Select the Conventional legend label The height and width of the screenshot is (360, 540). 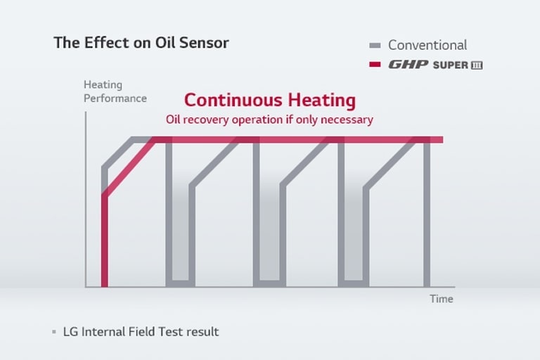pyautogui.click(x=427, y=45)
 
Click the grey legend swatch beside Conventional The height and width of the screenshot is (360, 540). pyautogui.click(x=375, y=46)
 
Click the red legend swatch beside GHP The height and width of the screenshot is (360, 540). pyautogui.click(x=375, y=65)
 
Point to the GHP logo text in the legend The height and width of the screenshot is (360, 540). pyautogui.click(x=409, y=65)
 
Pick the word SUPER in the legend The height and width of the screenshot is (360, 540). pyautogui.click(x=450, y=65)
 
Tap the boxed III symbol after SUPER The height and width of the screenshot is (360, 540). pyautogui.click(x=476, y=65)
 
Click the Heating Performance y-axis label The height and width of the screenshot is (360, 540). pyautogui.click(x=115, y=91)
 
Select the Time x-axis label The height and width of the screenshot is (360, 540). pyautogui.click(x=442, y=299)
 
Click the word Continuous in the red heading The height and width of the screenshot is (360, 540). pyautogui.click(x=225, y=100)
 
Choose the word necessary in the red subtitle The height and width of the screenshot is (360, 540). pyautogui.click(x=346, y=120)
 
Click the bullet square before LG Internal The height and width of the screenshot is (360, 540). pyautogui.click(x=54, y=332)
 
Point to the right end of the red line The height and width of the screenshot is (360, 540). pyautogui.click(x=441, y=139)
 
